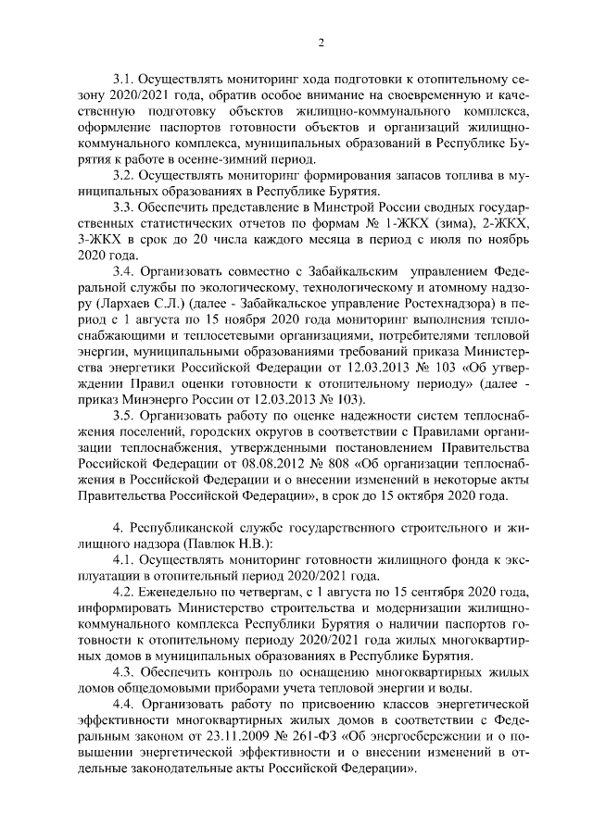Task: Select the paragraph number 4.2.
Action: coord(125,591)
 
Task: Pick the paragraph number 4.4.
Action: coord(125,703)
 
